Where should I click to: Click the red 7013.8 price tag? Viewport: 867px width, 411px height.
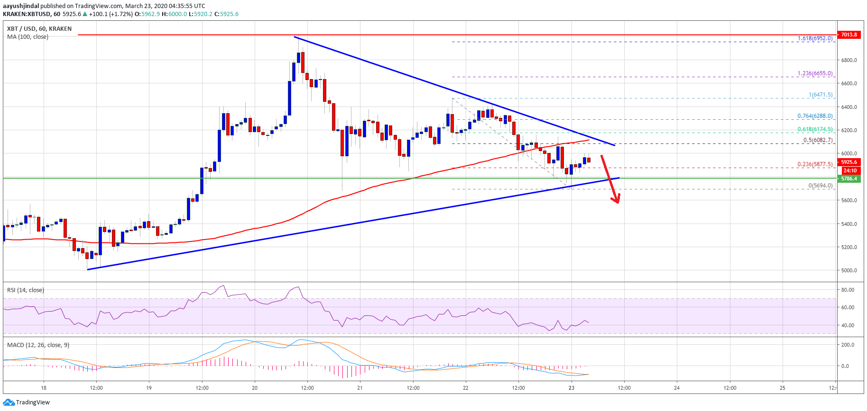pyautogui.click(x=849, y=35)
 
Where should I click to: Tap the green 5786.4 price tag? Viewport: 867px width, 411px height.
pyautogui.click(x=849, y=179)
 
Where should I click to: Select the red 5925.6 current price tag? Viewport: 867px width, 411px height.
pyautogui.click(x=849, y=162)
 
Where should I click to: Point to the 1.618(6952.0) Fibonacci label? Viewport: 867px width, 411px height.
pyautogui.click(x=815, y=38)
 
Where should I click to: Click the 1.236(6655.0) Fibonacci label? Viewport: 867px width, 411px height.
pyautogui.click(x=815, y=73)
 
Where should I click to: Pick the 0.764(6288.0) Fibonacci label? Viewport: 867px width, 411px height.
pyautogui.click(x=815, y=116)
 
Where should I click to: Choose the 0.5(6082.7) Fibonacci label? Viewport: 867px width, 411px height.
pyautogui.click(x=818, y=140)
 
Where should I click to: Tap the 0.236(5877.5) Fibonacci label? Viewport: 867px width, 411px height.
pyautogui.click(x=815, y=164)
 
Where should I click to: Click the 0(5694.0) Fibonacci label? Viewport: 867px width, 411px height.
pyautogui.click(x=821, y=186)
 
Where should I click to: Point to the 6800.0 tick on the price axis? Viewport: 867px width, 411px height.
pyautogui.click(x=849, y=60)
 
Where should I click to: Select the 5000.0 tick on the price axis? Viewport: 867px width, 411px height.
pyautogui.click(x=849, y=270)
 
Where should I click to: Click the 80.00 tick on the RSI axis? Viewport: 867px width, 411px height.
pyautogui.click(x=848, y=290)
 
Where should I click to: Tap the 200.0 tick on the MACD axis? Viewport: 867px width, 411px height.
pyautogui.click(x=848, y=345)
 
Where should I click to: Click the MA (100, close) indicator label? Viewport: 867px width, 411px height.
pyautogui.click(x=28, y=37)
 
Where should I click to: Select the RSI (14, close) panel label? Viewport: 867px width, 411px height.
pyautogui.click(x=26, y=290)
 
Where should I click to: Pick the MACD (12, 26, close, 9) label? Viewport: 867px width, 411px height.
pyautogui.click(x=38, y=345)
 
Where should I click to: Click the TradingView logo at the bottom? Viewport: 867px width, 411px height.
pyautogui.click(x=27, y=402)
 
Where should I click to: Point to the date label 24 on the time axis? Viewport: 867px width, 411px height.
pyautogui.click(x=677, y=388)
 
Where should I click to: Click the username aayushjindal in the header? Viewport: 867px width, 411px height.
pyautogui.click(x=21, y=6)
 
